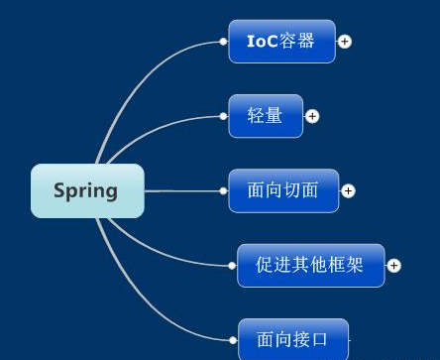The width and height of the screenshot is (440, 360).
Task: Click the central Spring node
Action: coord(87,190)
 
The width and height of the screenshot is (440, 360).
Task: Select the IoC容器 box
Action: coord(281,42)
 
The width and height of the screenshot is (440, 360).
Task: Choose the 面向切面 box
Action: coord(283,190)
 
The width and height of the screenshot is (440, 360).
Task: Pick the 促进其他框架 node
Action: coord(310,265)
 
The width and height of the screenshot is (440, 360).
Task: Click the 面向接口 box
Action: coord(293,339)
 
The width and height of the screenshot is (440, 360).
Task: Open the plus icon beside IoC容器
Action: coord(345,42)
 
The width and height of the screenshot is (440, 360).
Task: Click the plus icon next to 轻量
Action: coord(312,116)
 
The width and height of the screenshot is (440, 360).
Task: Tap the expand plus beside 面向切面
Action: coord(348,190)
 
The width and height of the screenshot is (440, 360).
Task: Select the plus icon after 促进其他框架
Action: coord(393,265)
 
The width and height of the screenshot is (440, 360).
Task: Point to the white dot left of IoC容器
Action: coord(223,42)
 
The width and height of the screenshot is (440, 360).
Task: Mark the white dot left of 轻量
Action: coord(223,116)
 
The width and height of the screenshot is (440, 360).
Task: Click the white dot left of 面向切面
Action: coord(223,190)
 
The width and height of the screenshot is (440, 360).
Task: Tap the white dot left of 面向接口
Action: coord(233,340)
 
